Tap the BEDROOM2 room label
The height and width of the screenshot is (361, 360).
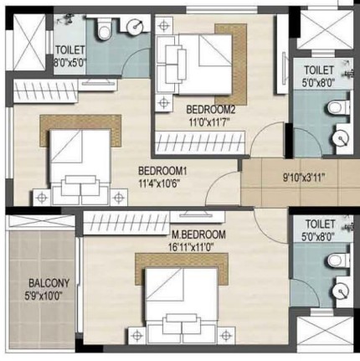click(211, 110)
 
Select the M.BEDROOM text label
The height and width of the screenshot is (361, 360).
click(198, 235)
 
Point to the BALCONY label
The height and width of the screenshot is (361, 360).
click(49, 283)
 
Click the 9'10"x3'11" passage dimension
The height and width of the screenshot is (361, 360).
click(304, 178)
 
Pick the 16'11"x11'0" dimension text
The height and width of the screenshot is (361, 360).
click(191, 247)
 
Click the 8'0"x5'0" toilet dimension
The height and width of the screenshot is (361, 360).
click(70, 63)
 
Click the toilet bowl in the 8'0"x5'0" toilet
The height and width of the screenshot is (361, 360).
click(104, 28)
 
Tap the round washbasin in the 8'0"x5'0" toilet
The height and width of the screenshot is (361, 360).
click(136, 27)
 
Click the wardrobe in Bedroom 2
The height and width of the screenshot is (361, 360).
click(200, 142)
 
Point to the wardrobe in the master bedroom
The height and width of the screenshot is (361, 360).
click(126, 223)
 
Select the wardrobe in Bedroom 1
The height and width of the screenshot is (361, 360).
click(45, 90)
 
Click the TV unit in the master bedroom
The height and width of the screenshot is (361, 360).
click(198, 216)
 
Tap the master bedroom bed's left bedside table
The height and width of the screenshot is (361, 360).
click(137, 335)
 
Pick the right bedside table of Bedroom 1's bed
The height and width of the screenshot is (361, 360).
click(119, 198)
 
